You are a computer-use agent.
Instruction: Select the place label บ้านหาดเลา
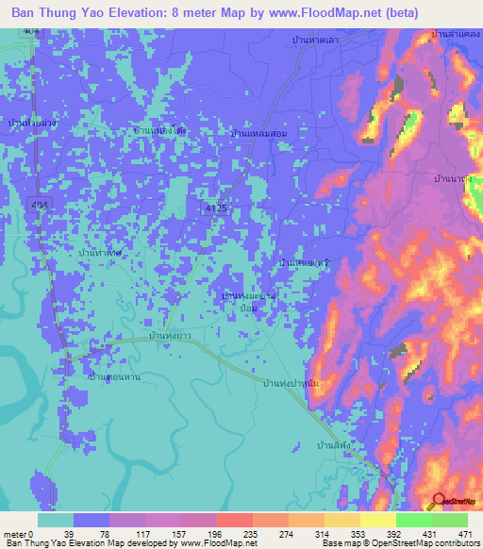pos(315,41)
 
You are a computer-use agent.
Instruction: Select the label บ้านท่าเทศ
pos(101,254)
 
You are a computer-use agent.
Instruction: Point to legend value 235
pos(223,533)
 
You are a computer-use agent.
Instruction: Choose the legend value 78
pos(75,533)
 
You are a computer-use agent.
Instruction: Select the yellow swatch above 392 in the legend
pos(377,520)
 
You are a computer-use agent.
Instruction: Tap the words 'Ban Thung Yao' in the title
pos(58,14)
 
